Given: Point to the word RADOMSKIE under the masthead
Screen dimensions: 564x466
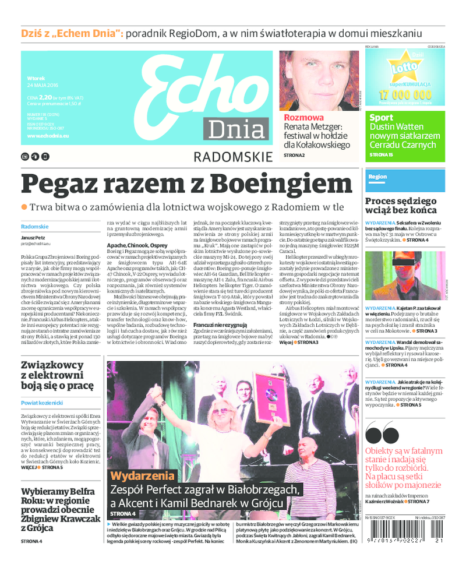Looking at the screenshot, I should [x=232, y=156].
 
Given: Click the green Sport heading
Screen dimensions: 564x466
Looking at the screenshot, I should [x=381, y=118].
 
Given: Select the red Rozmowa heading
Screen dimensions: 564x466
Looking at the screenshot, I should [x=303, y=118].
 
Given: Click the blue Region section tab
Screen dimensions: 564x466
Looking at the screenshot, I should [x=377, y=177].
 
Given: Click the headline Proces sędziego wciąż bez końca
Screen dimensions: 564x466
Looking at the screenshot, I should [x=401, y=205].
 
